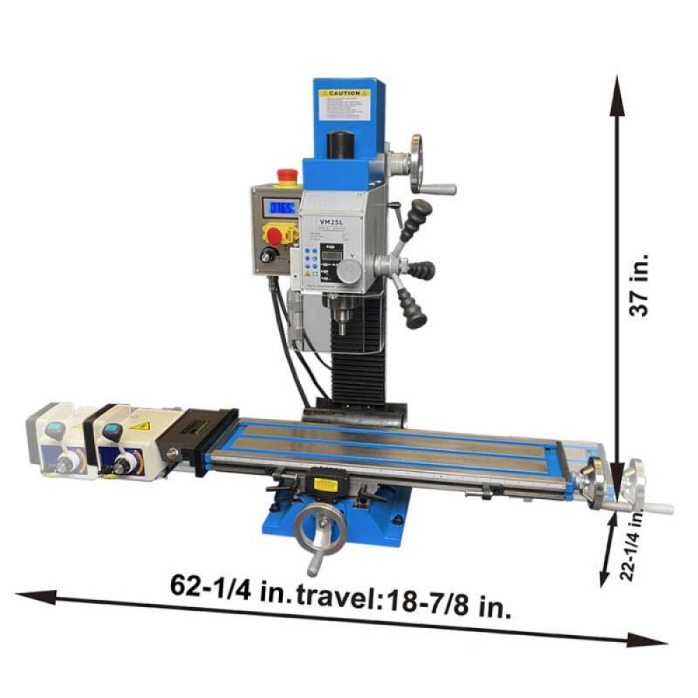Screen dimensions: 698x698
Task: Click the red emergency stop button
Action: tap(286, 176)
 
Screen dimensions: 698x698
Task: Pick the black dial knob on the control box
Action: tap(267, 256)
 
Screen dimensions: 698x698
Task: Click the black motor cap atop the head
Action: tap(340, 144)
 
